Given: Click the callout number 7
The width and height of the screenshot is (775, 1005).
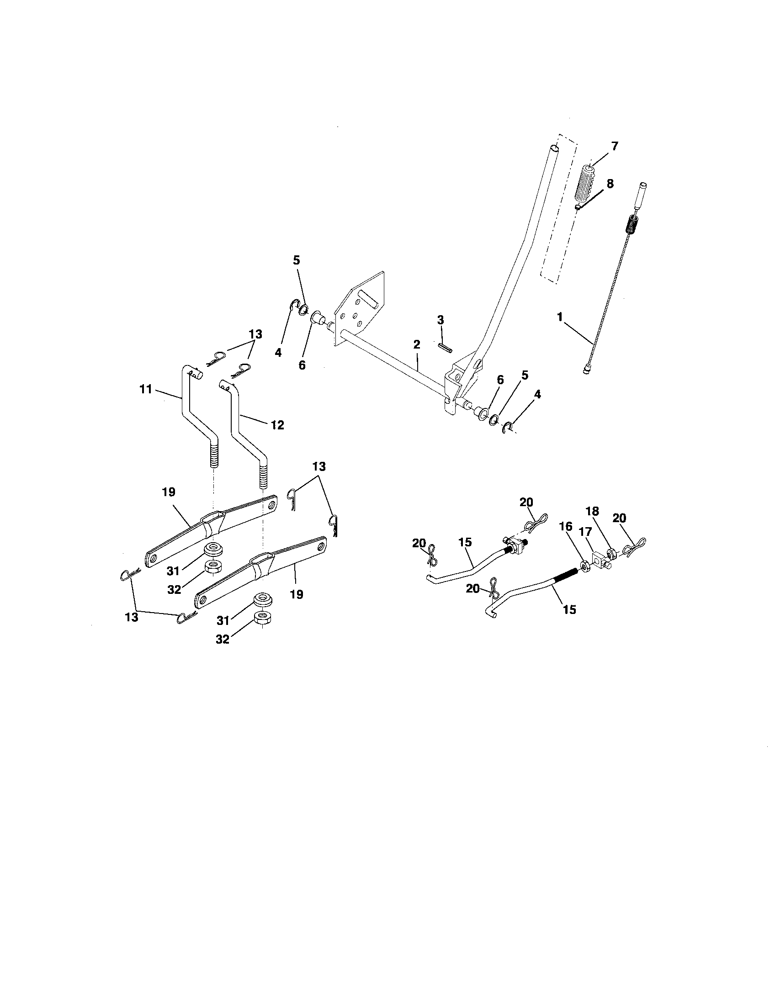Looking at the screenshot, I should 615,146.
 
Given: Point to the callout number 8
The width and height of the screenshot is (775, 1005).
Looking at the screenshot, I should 610,184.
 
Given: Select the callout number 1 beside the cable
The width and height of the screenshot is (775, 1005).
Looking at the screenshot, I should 560,317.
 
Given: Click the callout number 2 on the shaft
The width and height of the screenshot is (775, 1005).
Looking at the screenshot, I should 416,344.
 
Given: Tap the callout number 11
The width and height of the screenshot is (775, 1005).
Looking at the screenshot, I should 145,389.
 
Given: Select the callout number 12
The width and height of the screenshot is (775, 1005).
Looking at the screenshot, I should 277,425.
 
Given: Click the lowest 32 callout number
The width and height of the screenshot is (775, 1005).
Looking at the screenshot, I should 222,639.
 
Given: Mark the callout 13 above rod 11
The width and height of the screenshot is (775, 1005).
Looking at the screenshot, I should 255,334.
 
